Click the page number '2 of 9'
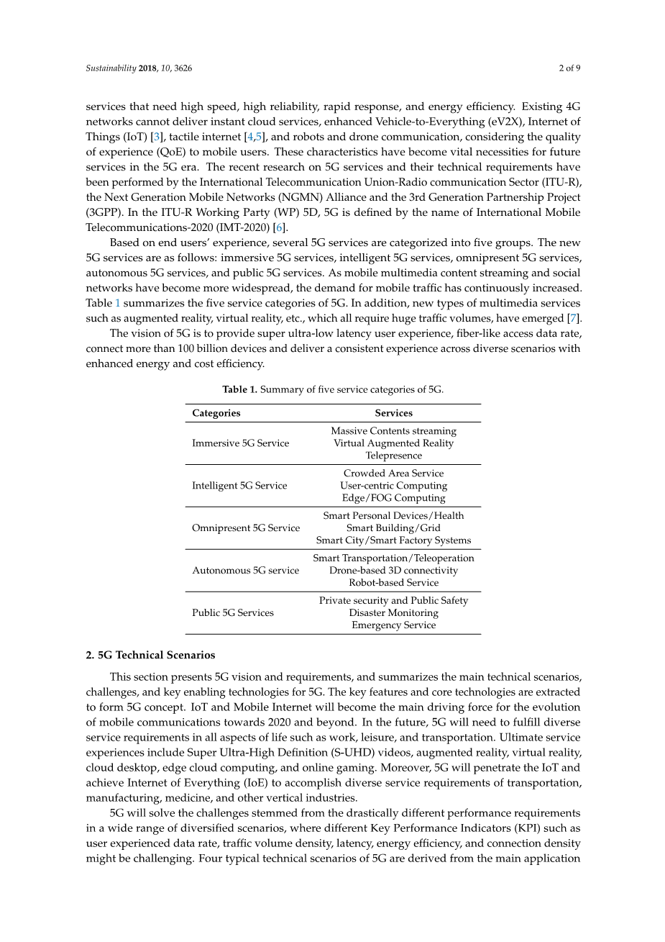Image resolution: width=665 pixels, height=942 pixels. (569, 68)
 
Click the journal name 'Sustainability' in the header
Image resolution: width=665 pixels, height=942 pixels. (111, 68)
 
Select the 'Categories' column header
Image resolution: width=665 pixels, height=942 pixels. (216, 413)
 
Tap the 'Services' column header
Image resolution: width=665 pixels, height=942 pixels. (393, 413)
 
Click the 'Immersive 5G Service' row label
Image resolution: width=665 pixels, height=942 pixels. (240, 443)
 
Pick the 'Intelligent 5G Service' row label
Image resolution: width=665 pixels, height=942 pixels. (239, 486)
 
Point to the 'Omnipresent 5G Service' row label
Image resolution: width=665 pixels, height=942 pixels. (245, 528)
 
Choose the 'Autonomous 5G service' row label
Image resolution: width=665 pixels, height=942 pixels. (245, 571)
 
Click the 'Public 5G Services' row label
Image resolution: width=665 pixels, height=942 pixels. (232, 613)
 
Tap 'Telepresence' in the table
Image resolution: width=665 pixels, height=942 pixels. (393, 456)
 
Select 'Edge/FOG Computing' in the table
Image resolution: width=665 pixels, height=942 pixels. (393, 498)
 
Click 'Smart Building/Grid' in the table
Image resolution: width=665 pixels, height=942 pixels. (393, 528)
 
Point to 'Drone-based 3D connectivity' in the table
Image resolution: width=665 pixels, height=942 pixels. (393, 571)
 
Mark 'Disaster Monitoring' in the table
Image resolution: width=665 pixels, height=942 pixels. (393, 613)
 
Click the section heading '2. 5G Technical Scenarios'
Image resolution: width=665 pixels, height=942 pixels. (150, 655)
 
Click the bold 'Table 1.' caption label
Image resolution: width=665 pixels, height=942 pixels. (239, 389)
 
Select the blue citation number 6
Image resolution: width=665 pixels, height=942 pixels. (280, 227)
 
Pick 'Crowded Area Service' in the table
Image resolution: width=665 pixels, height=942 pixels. (393, 474)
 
